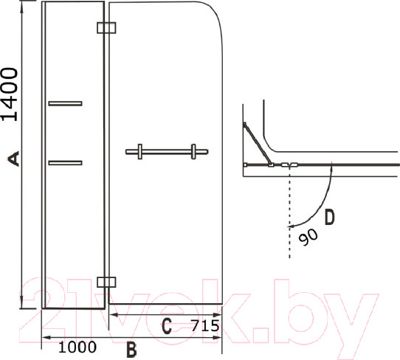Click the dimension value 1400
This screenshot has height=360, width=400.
pos(10,94)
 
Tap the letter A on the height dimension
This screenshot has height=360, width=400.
pos(13,159)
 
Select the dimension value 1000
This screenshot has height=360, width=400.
pos(77,347)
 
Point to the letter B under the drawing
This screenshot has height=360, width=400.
pos(131,350)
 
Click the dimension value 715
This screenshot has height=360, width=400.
pos(205,325)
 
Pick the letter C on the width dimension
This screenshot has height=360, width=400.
pos(167,325)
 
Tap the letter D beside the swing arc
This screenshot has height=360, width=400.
pos(329,217)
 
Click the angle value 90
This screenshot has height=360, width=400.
pos(308,237)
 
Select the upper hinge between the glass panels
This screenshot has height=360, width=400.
pos(106,28)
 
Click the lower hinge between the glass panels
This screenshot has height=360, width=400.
pos(106,283)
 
